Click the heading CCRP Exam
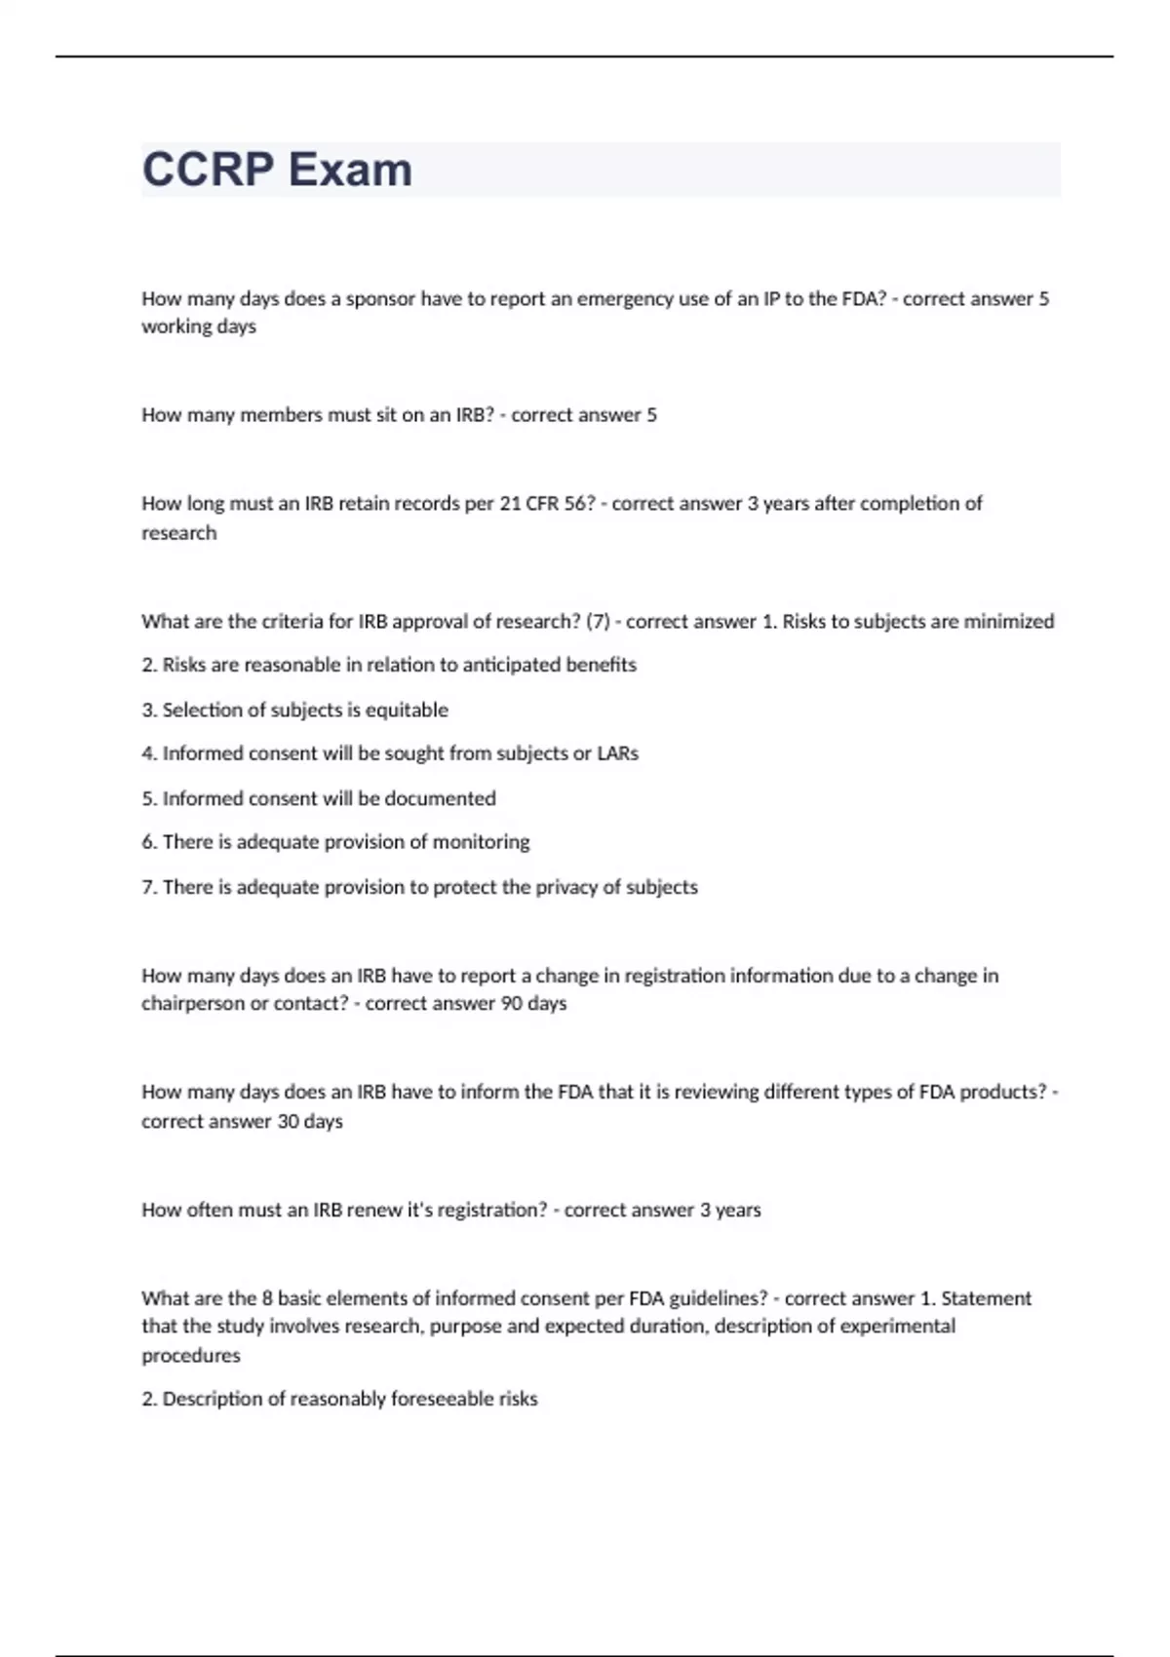(277, 170)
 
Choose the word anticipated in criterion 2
(512, 665)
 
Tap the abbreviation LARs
(617, 753)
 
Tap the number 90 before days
(511, 1004)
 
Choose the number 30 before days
(288, 1122)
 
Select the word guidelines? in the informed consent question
(718, 1299)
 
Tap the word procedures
(191, 1356)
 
